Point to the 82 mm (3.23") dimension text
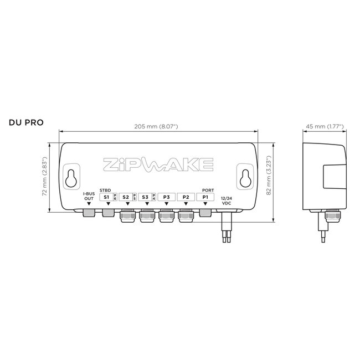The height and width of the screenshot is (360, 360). click(x=268, y=176)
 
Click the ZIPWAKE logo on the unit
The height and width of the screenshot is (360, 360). click(x=158, y=164)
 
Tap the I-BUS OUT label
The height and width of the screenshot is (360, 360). click(x=89, y=196)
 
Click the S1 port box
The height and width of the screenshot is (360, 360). click(x=105, y=197)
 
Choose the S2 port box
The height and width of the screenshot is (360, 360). click(x=125, y=197)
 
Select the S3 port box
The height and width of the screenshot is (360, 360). click(x=145, y=197)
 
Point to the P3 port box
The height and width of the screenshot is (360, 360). click(x=166, y=197)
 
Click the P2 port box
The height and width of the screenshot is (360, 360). click(x=186, y=197)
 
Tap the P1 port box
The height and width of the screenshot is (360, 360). click(x=205, y=197)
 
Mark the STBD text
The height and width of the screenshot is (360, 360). click(x=105, y=190)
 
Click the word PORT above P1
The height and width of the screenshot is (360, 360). click(x=208, y=190)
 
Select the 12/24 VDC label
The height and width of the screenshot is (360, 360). click(x=226, y=200)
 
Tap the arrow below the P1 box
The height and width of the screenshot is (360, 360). click(x=205, y=204)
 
